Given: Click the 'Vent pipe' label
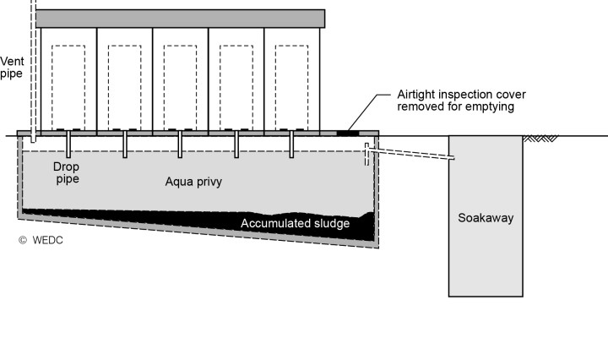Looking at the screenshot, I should click(12, 67).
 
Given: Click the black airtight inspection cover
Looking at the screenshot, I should click(346, 133).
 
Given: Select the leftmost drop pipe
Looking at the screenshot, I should click(69, 144).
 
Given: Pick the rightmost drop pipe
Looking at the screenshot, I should click(292, 144).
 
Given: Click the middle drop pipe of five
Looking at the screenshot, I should click(181, 144).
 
